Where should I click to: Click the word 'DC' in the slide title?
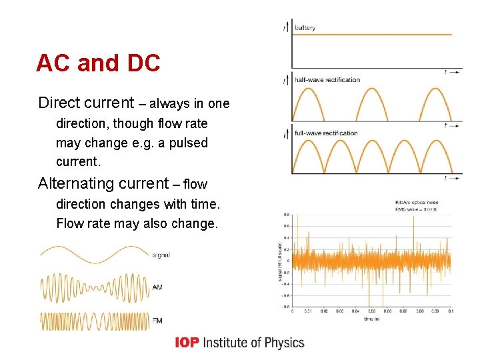pyautogui.click(x=141, y=63)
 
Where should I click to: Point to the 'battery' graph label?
pyautogui.click(x=305, y=28)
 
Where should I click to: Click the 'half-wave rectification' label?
pyautogui.click(x=327, y=80)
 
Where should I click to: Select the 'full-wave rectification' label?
pyautogui.click(x=326, y=133)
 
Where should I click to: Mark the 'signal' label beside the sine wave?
pyautogui.click(x=161, y=255)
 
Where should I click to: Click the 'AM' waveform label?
pyautogui.click(x=157, y=287)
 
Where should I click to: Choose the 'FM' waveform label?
pyautogui.click(x=157, y=321)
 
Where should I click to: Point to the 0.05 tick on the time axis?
pyautogui.click(x=372, y=311)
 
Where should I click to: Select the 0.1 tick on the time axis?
pyautogui.click(x=450, y=311)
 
